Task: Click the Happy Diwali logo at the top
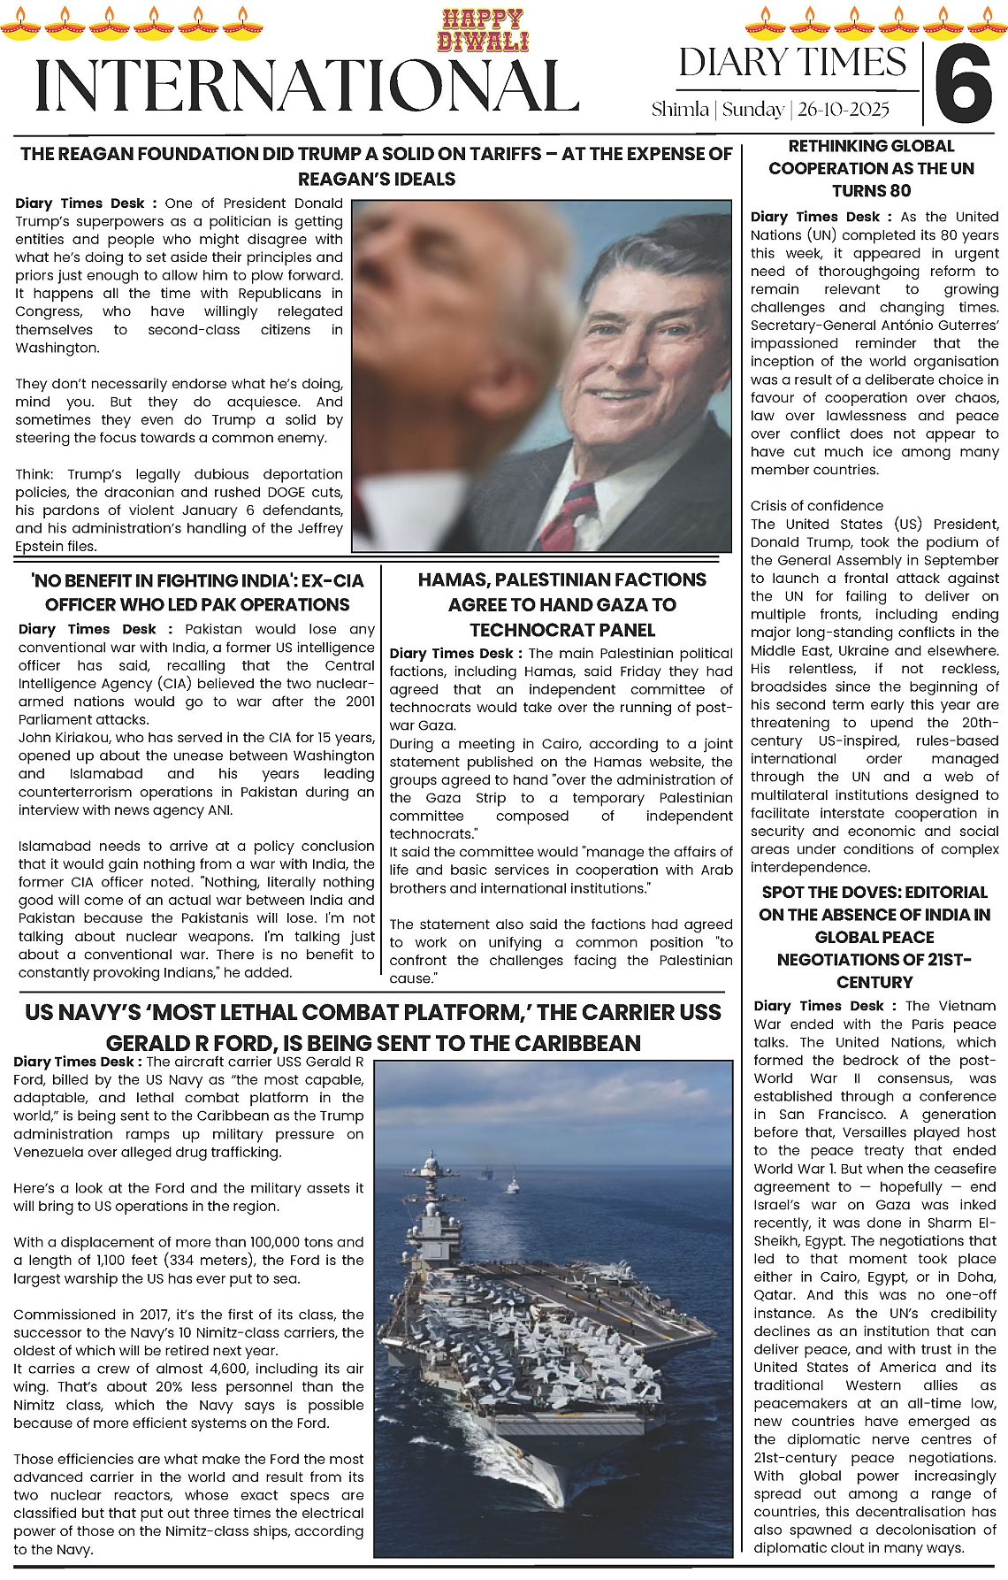482,30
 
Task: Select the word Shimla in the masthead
680,110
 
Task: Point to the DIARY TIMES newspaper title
792,62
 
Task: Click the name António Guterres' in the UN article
928,326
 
